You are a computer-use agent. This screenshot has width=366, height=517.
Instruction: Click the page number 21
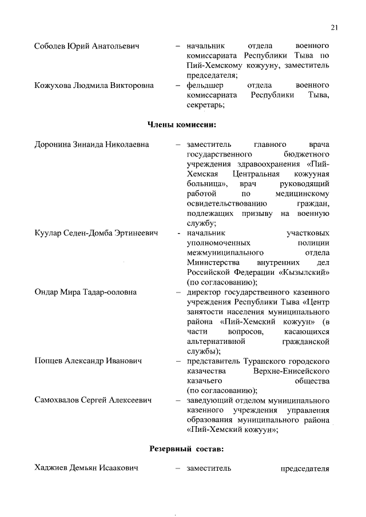[335, 27]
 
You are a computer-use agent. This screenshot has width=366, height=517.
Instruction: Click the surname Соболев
[50, 46]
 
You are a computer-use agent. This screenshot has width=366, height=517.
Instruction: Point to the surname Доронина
[54, 145]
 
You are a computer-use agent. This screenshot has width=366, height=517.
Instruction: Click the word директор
[203, 292]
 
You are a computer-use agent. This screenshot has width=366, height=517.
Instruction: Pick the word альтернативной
[216, 342]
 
